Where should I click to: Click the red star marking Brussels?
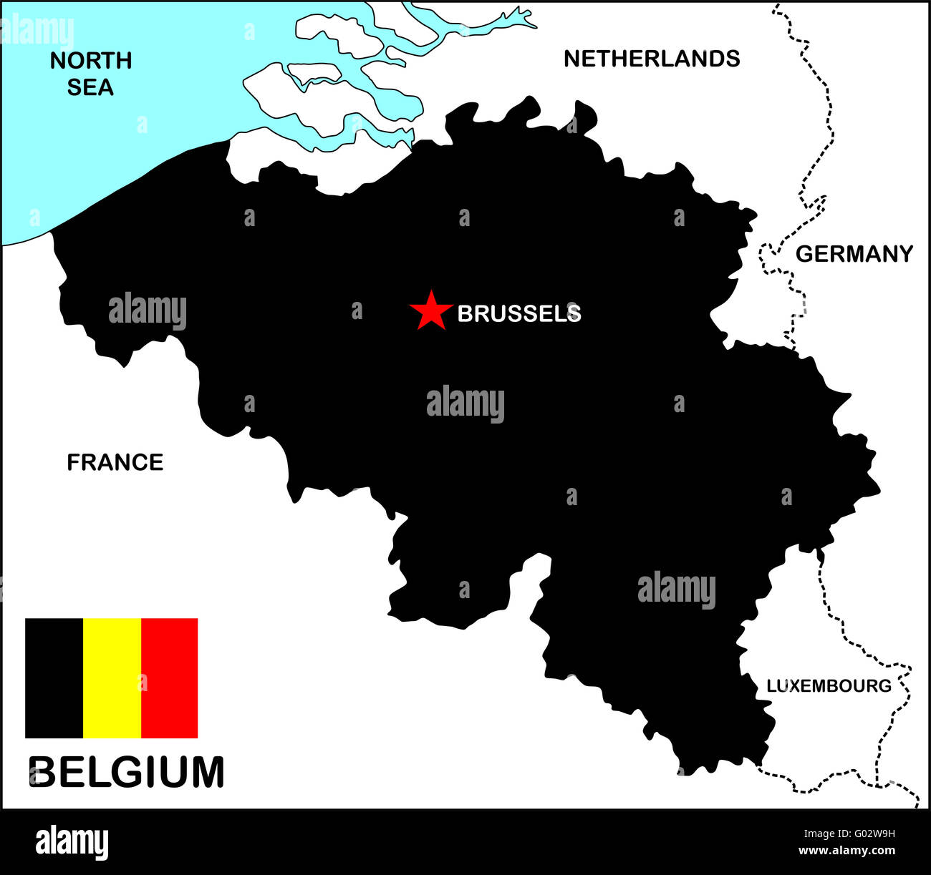(430, 311)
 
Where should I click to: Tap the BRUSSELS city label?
(518, 313)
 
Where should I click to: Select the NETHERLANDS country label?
(652, 59)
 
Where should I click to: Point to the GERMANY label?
(854, 254)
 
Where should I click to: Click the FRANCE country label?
(115, 462)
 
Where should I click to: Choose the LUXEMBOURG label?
(829, 685)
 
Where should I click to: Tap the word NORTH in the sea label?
(91, 61)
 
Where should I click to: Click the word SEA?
(90, 87)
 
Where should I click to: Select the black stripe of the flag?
(54, 678)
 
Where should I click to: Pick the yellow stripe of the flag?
(112, 678)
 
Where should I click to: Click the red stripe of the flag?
(170, 678)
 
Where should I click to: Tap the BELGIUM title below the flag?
(127, 773)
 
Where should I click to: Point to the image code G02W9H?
(849, 833)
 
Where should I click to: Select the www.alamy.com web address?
(846, 851)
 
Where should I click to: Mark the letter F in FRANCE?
(72, 462)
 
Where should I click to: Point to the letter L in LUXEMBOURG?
(771, 685)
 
